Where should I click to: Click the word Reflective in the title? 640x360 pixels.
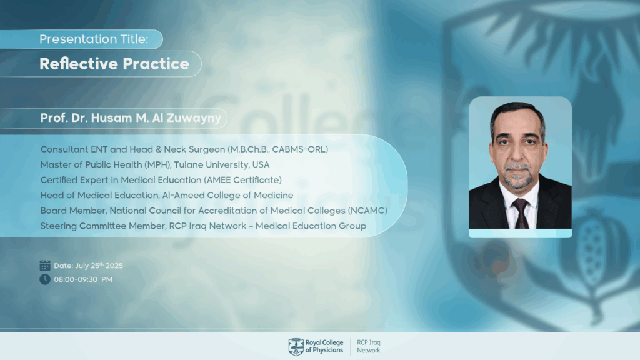[78, 64]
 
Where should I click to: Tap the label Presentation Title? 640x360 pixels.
[94, 39]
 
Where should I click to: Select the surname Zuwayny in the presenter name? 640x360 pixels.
[194, 118]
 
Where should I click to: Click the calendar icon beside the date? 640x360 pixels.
[45, 265]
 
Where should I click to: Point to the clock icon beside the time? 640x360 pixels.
[45, 279]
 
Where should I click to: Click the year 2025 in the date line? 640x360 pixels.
[114, 266]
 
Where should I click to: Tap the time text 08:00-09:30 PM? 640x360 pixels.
[83, 279]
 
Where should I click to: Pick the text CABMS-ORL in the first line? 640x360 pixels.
[297, 149]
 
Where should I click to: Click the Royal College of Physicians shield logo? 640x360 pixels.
[296, 347]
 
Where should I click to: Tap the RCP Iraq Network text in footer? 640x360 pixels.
[369, 346]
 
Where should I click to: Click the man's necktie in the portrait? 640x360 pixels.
[521, 214]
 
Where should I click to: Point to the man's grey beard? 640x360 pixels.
[517, 176]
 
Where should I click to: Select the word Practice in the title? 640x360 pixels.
[156, 64]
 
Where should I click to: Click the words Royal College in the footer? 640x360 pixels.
[324, 343]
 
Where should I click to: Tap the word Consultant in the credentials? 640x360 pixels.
[64, 149]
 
